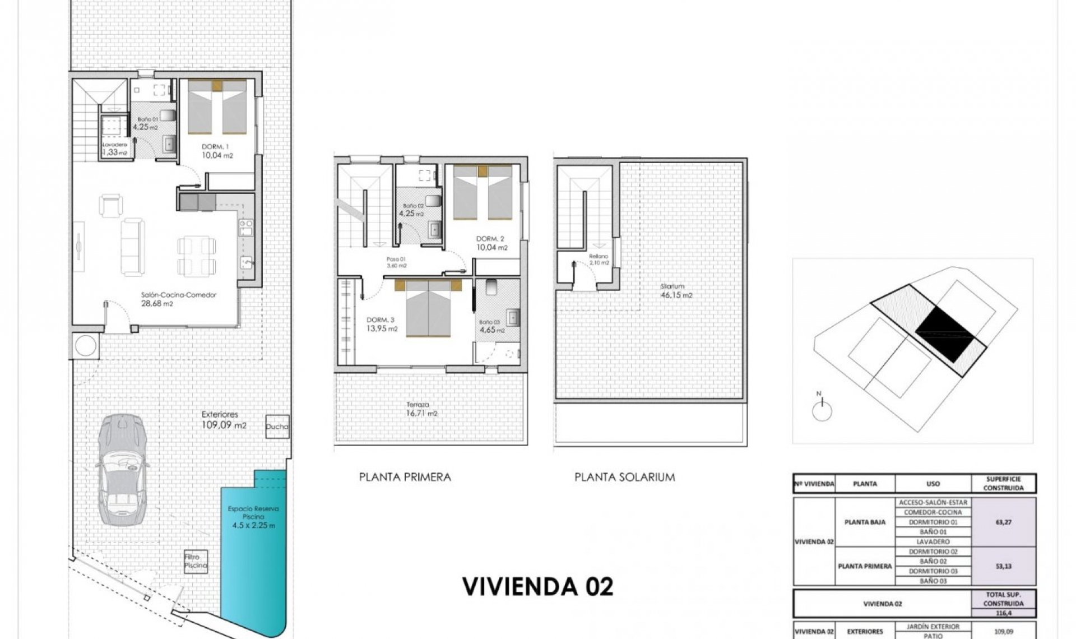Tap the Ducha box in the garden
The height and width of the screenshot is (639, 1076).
pyautogui.click(x=277, y=427)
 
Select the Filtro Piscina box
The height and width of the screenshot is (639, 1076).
pyautogui.click(x=196, y=561)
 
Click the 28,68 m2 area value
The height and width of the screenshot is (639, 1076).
pyautogui.click(x=157, y=304)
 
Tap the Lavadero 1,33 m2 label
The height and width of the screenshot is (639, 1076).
pyautogui.click(x=114, y=149)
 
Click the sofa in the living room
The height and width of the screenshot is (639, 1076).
pyautogui.click(x=133, y=247)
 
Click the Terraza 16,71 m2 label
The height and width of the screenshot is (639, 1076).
pyautogui.click(x=421, y=409)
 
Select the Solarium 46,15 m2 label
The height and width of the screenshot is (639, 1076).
pyautogui.click(x=676, y=290)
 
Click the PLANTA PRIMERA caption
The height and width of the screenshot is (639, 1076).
pyautogui.click(x=405, y=477)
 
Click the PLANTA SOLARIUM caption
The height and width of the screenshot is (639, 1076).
pyautogui.click(x=624, y=477)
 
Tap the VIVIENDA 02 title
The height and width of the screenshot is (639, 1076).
pyautogui.click(x=537, y=586)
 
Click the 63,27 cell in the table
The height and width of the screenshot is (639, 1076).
pyautogui.click(x=1003, y=522)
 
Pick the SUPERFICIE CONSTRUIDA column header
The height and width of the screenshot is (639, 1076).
pyautogui.click(x=1003, y=483)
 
